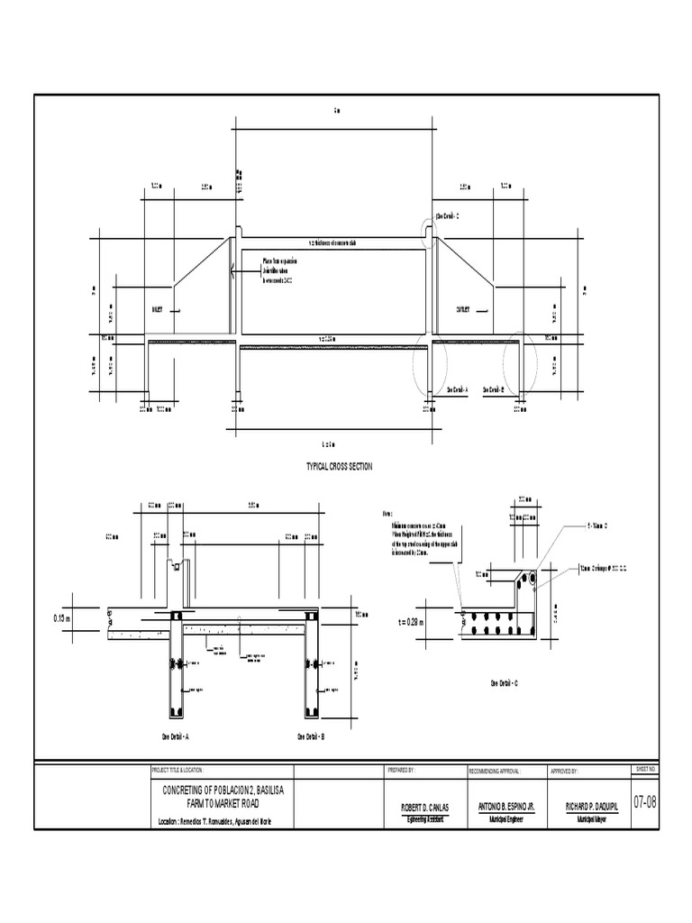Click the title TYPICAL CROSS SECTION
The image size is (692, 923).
(x=340, y=466)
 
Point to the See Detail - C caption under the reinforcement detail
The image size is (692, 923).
(x=504, y=684)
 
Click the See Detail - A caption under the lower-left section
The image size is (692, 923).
(x=175, y=736)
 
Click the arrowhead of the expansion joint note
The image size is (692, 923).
(x=232, y=269)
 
